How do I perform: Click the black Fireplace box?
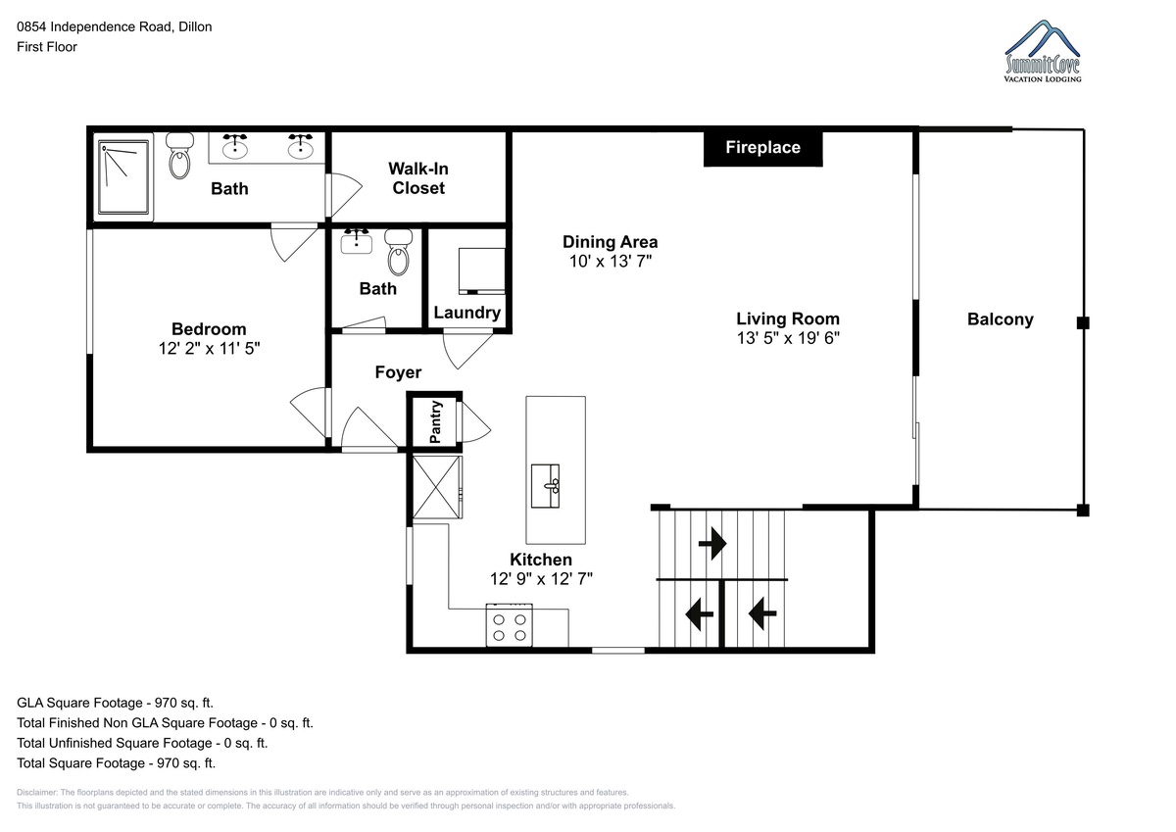click(x=762, y=148)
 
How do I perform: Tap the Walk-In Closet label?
click(x=418, y=178)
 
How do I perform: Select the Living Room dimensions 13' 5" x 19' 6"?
click(x=788, y=338)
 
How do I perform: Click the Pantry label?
click(x=435, y=422)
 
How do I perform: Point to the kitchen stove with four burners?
click(x=510, y=624)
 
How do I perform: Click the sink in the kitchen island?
click(x=545, y=486)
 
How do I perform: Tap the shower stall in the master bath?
click(x=123, y=177)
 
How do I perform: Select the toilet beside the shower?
click(x=179, y=156)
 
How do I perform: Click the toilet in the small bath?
click(x=399, y=253)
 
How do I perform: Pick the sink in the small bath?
click(x=357, y=242)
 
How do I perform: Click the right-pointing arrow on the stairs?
click(x=712, y=543)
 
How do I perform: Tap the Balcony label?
click(x=1001, y=319)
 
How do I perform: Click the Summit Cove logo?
click(x=1043, y=51)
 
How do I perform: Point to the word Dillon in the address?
click(x=195, y=26)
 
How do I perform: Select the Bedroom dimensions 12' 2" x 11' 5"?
click(x=210, y=349)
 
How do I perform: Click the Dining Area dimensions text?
click(x=611, y=261)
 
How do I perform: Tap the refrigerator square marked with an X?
click(x=437, y=487)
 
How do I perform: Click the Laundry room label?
click(x=466, y=313)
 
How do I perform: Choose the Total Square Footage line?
click(x=116, y=763)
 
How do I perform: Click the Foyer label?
click(x=398, y=372)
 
